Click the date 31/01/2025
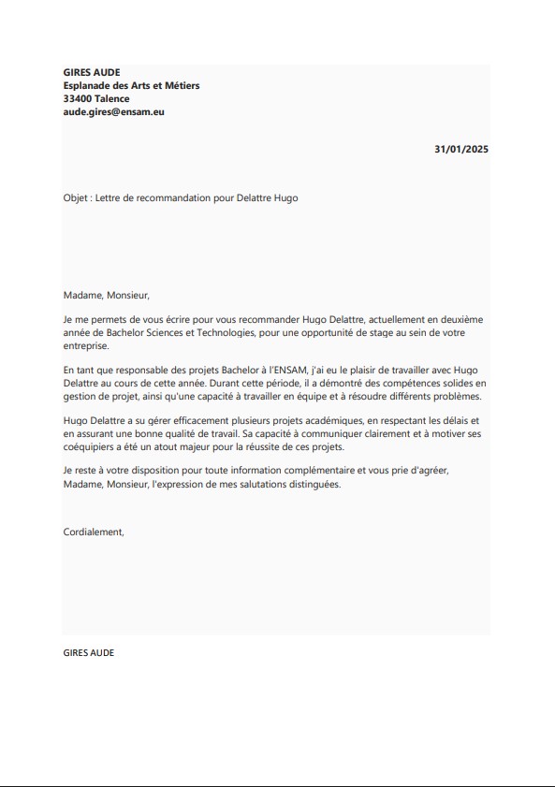461,149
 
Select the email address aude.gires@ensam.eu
113,111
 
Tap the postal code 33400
77,98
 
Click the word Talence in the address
112,98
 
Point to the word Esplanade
88,85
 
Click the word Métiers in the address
179,85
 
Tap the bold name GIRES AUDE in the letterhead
92,72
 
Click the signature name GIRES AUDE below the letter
89,652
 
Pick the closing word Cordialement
94,532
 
